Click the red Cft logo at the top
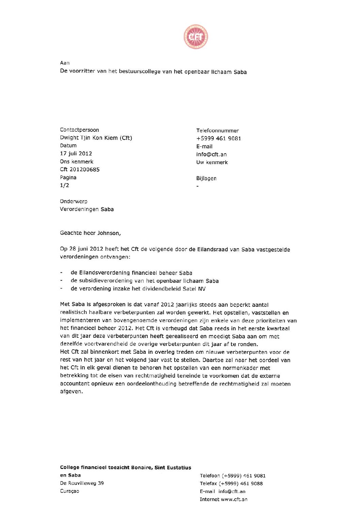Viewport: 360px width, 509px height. click(x=196, y=36)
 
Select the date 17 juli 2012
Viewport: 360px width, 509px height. click(x=76, y=154)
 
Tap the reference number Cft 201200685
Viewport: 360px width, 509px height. click(x=80, y=169)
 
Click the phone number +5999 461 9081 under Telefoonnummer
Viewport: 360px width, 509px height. click(x=218, y=138)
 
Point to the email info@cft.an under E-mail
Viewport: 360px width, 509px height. click(x=211, y=154)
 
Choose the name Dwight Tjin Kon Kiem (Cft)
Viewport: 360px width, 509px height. click(x=96, y=138)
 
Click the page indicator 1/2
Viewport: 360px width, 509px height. click(x=64, y=185)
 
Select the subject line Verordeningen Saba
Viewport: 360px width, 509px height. click(x=87, y=209)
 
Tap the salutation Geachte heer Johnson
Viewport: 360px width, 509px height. click(x=90, y=233)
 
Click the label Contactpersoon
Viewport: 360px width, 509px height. click(x=79, y=130)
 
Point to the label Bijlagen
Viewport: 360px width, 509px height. click(x=206, y=178)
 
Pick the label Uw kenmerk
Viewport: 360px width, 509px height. click(x=212, y=162)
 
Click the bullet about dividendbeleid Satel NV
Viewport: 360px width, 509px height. click(x=138, y=289)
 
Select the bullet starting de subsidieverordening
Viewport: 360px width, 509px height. click(x=144, y=281)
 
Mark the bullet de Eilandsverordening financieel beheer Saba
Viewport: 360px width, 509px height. click(x=131, y=273)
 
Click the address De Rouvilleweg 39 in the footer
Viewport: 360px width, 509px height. click(x=82, y=483)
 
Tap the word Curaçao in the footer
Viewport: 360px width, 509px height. click(x=69, y=491)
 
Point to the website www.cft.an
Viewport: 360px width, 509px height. click(x=234, y=499)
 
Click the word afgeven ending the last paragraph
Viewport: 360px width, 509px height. click(x=71, y=392)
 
